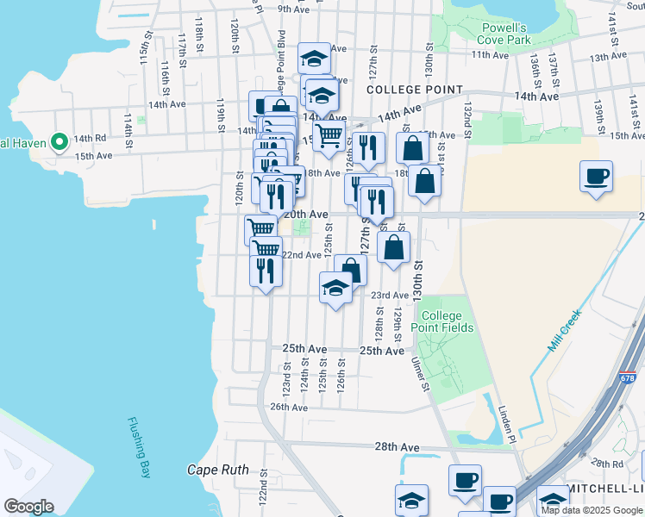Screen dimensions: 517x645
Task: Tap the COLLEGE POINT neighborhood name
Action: tap(415, 90)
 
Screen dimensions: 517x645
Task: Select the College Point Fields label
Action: tap(447, 321)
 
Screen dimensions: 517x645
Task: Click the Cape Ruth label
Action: tap(218, 470)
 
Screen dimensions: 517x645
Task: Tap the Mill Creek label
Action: tap(566, 330)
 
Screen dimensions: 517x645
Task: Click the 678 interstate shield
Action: tap(629, 378)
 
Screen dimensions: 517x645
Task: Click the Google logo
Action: tap(28, 506)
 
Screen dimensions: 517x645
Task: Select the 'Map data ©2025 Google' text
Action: tap(591, 509)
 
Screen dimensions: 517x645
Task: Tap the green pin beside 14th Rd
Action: tap(59, 141)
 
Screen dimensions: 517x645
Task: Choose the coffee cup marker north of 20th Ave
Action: tap(596, 178)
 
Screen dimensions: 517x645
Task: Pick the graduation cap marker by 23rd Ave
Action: tap(336, 289)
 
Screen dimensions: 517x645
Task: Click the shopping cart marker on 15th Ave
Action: tap(329, 136)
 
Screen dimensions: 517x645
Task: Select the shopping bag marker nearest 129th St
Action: tap(393, 248)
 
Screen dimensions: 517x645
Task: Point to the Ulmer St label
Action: tap(421, 375)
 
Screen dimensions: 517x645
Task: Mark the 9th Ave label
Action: tap(293, 9)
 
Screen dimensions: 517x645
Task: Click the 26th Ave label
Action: tap(289, 407)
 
